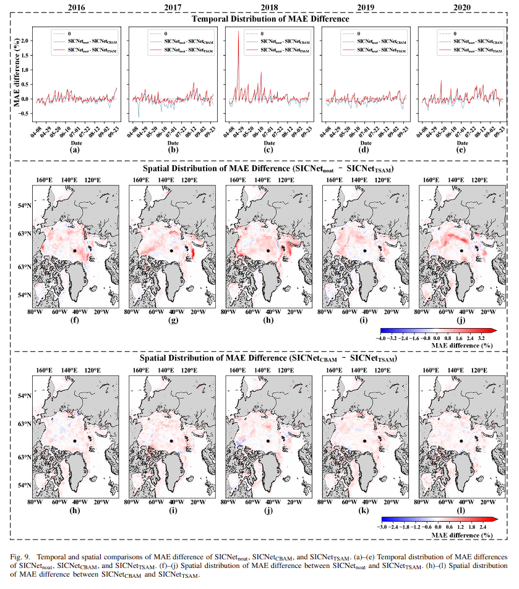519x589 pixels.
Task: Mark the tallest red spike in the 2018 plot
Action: [239, 32]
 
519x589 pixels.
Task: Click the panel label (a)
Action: [75, 149]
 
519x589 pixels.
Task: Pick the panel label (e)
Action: [460, 149]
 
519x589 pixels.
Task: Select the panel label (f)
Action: [75, 320]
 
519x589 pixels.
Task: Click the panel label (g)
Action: [171, 320]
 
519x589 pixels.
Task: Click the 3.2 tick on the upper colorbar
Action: [480, 339]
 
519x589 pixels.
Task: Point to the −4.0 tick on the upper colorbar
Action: [382, 339]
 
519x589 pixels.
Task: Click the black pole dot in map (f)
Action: [74, 250]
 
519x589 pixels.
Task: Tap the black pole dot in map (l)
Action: [461, 440]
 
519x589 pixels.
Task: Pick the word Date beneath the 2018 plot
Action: [268, 141]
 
